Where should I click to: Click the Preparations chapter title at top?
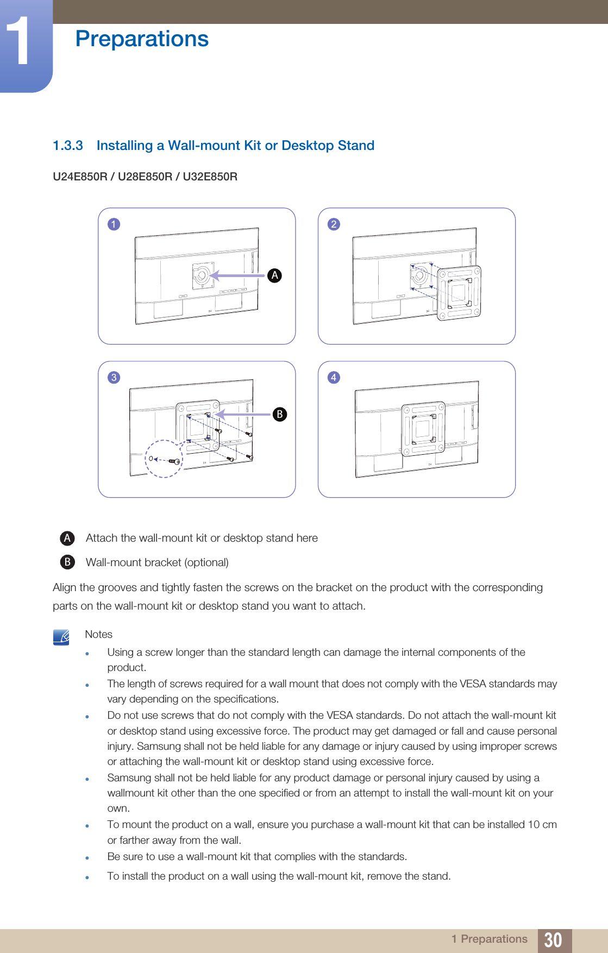coord(142,39)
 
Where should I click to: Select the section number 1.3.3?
coord(68,146)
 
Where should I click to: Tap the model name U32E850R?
coord(210,177)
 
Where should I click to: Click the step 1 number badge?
coord(114,224)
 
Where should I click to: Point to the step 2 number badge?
coord(334,224)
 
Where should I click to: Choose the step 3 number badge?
coord(114,378)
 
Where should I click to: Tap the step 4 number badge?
coord(334,378)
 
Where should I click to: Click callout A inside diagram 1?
coord(275,275)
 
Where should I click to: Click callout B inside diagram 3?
coord(279,414)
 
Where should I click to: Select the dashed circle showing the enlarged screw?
coord(164,459)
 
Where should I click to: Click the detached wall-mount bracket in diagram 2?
coord(459,293)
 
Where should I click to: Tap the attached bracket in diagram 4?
coord(423,429)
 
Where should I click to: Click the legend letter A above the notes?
coord(67,538)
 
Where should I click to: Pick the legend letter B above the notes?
coord(67,562)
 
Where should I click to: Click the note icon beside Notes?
coord(61,637)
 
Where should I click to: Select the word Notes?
coord(99,635)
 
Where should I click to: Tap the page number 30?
coord(553,940)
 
